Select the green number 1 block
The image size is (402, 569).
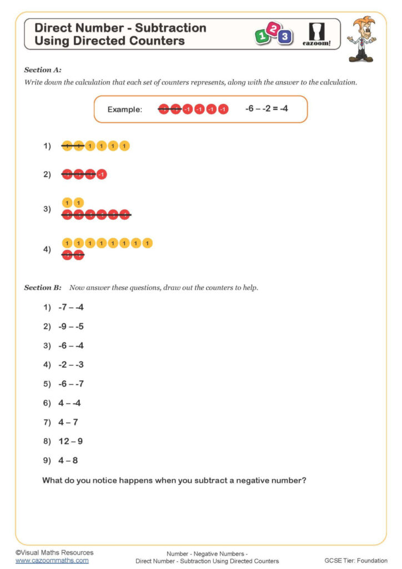pos(261,37)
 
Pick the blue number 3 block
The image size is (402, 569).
pos(285,37)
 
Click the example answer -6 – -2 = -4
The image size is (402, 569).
pos(267,109)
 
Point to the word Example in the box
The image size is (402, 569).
pos(125,109)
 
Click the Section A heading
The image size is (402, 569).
pos(43,70)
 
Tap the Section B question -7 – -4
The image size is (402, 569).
pos(71,307)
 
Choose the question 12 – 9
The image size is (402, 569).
pos(71,441)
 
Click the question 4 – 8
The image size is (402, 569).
pos(68,461)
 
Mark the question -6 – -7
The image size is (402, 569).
pos(71,384)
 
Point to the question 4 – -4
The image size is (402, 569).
pos(69,403)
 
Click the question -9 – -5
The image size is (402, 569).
pos(71,326)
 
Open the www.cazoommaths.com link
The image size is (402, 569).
pos(52,561)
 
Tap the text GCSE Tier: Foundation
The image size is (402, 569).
pos(356,561)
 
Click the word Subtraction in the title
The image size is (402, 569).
pos(171,28)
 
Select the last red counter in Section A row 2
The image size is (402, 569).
pos(101,174)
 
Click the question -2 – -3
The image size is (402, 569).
pos(71,365)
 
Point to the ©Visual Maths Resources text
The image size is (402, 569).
pos(54,552)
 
